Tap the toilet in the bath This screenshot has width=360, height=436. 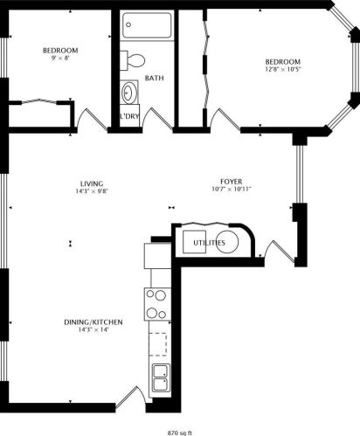(135, 60)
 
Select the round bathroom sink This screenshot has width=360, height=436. (129, 91)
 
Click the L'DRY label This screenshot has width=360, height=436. (129, 116)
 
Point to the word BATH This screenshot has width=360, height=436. (154, 79)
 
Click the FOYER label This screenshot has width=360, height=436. (232, 182)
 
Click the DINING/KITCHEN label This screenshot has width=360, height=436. (92, 322)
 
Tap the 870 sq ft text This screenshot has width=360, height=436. (180, 431)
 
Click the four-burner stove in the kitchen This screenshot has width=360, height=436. (157, 304)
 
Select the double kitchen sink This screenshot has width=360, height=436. (161, 377)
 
